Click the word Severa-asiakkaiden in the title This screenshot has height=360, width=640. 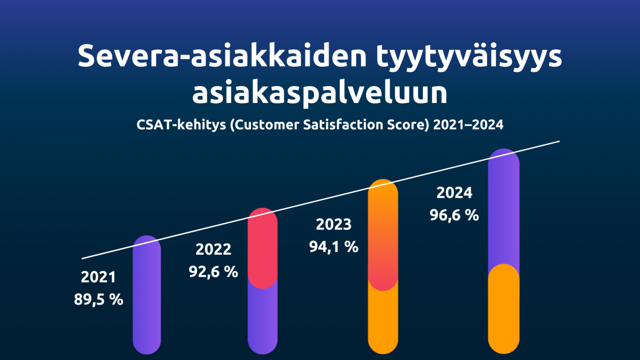222,56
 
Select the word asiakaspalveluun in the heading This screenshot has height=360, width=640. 320,93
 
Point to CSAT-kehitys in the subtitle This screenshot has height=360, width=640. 181,125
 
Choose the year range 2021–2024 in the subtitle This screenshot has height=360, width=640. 469,125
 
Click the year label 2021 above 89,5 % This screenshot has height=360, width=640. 98,277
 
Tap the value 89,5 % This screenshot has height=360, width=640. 98,300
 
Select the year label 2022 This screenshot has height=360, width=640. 213,250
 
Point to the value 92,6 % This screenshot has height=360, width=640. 213,272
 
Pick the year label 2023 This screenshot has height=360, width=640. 333,224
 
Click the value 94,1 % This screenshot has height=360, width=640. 333,247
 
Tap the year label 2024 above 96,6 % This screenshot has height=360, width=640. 454,193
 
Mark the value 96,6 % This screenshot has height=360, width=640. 454,215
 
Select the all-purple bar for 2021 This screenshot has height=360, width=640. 147,295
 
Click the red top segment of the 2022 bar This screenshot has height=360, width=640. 263,248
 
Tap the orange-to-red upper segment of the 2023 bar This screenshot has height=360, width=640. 383,235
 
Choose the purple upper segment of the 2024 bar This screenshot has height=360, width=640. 504,209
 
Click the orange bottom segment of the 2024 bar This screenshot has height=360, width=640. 504,309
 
